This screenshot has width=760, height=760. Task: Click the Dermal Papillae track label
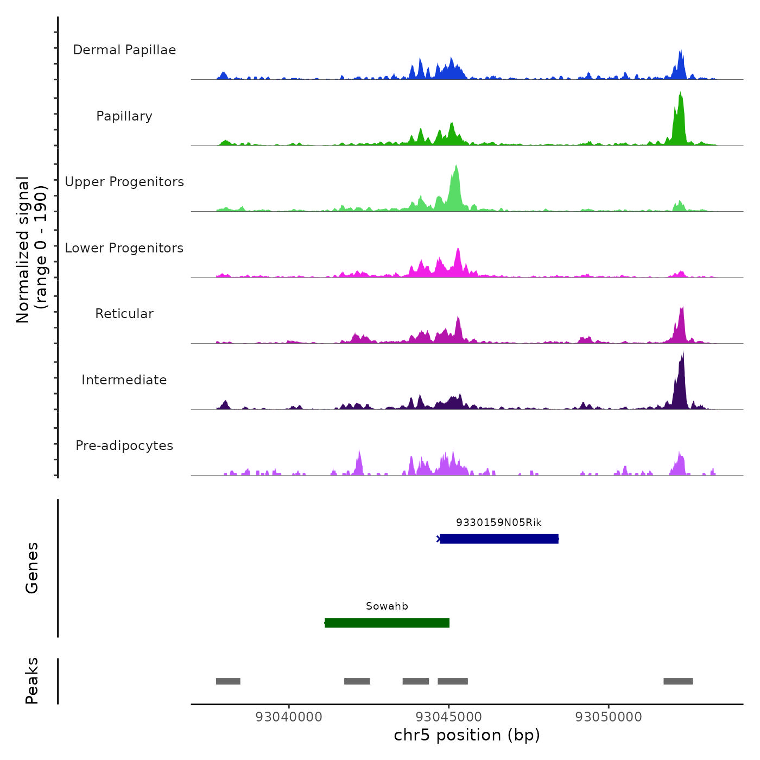click(x=124, y=50)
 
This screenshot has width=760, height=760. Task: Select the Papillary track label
click(x=124, y=116)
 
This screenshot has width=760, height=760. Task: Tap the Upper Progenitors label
click(x=124, y=182)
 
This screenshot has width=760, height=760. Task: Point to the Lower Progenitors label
click(x=124, y=248)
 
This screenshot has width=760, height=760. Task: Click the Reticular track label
click(x=124, y=314)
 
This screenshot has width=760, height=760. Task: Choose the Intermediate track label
click(x=124, y=380)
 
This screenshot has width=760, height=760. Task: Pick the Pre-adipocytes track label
click(x=124, y=446)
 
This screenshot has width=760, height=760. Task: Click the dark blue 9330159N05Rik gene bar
click(x=499, y=539)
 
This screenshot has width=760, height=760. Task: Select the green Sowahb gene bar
click(x=387, y=623)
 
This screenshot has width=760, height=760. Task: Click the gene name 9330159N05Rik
click(x=499, y=523)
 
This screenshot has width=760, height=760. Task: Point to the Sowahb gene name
click(x=387, y=606)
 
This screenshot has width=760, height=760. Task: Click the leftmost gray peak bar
click(x=228, y=681)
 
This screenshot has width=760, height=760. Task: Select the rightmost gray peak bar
click(x=678, y=681)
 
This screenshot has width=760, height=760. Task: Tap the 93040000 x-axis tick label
click(x=289, y=717)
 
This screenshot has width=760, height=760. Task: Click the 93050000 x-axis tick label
click(x=609, y=717)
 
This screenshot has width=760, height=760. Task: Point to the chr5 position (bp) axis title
click(x=467, y=736)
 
